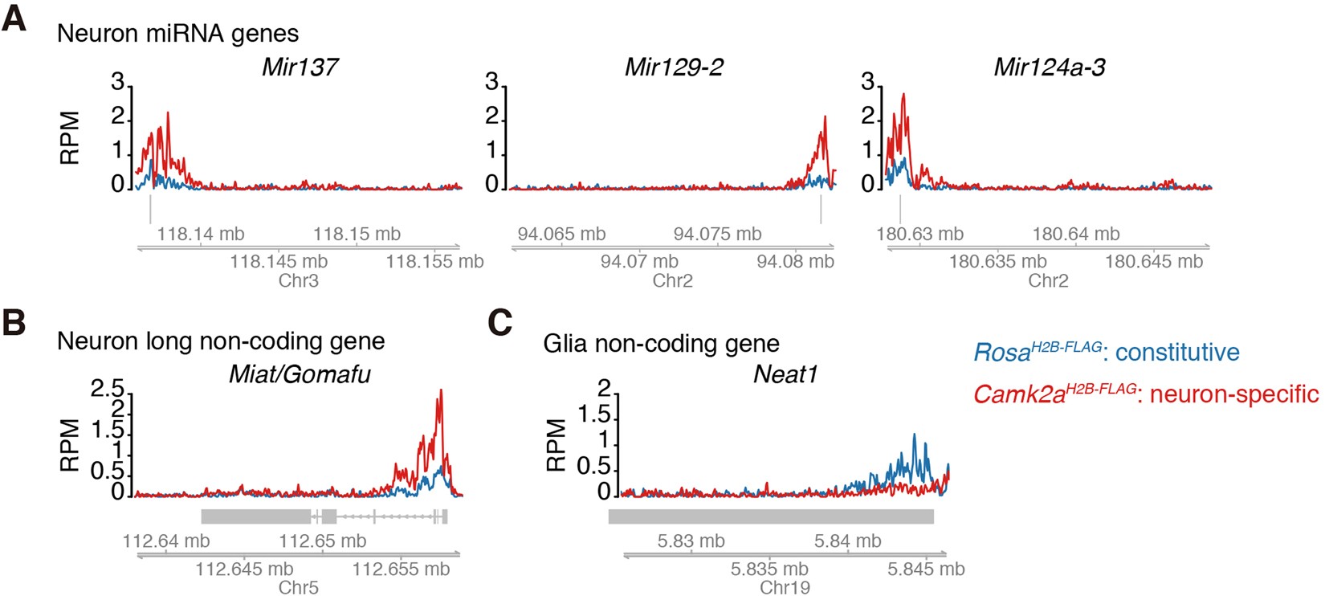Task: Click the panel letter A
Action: pos(14,18)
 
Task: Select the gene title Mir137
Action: pos(299,67)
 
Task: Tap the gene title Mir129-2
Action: pos(673,67)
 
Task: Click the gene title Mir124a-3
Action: pos(1049,67)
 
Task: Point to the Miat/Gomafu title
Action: pos(300,374)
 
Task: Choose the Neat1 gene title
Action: pos(785,375)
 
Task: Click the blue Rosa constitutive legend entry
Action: pos(1106,352)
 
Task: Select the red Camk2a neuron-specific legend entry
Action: pos(1145,394)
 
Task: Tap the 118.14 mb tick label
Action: pos(200,235)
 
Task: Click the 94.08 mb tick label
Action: pos(795,261)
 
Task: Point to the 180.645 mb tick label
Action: pos(1153,261)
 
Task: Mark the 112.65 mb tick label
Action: pos(322,541)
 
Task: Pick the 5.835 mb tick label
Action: pos(768,569)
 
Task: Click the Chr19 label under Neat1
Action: pos(785,588)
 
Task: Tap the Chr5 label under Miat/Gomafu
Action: pos(298,588)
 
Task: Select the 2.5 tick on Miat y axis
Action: pos(107,390)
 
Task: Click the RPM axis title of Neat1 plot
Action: pos(556,445)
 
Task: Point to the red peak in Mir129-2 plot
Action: pos(824,117)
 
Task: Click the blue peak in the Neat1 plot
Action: pos(914,436)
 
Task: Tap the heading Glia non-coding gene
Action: pos(661,344)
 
